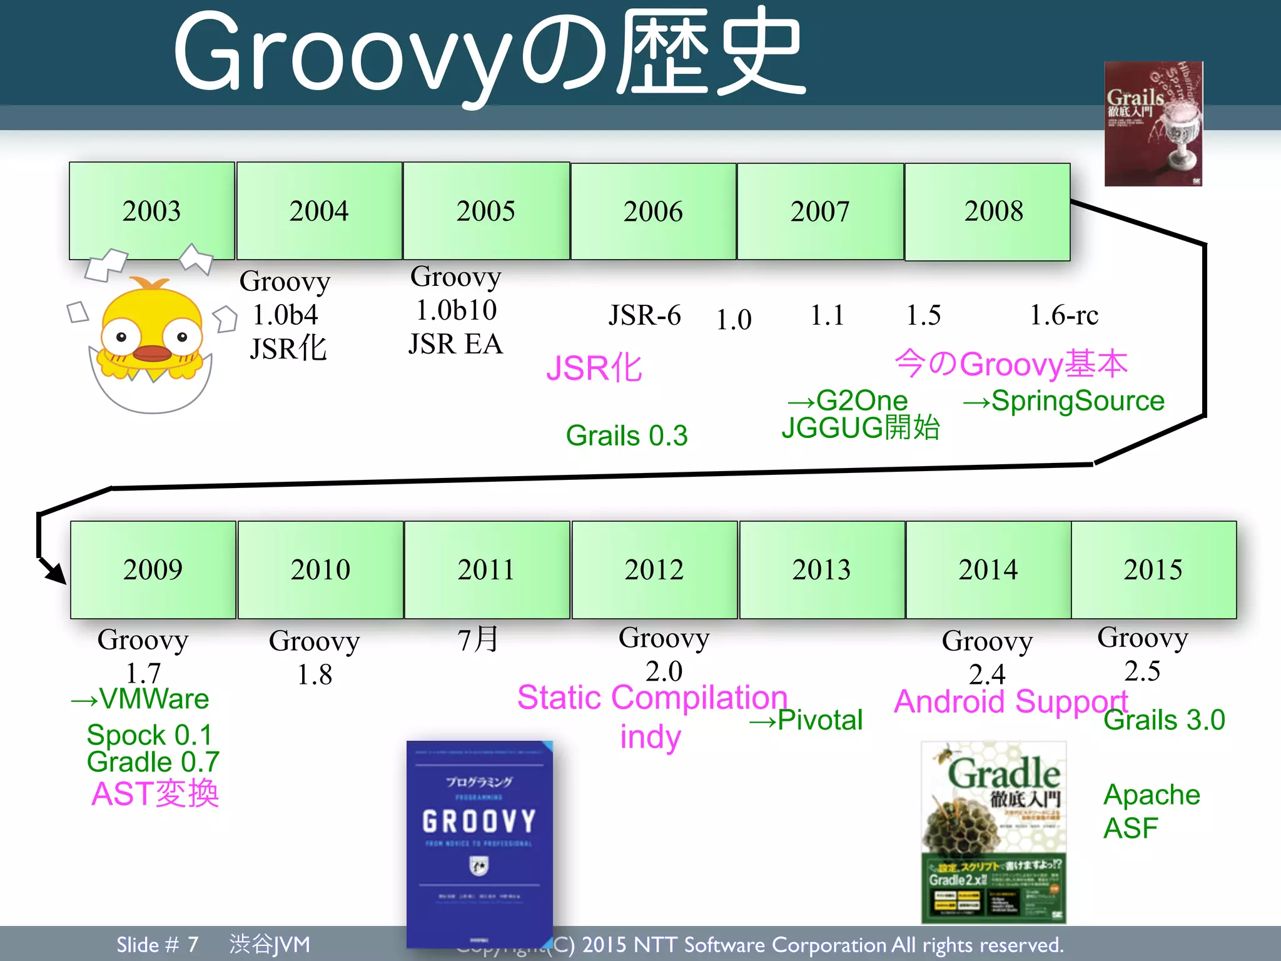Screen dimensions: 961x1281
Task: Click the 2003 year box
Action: point(152,211)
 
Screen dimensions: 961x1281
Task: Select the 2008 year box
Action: point(987,211)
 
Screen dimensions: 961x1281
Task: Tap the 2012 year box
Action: point(654,569)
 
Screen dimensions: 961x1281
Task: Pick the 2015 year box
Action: point(1153,569)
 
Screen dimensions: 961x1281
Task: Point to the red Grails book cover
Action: point(1153,124)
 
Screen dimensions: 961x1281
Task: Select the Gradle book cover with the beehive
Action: point(993,832)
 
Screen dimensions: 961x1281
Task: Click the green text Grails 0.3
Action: point(626,435)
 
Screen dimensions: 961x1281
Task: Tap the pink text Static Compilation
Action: point(652,698)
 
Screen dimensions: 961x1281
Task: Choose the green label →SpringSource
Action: point(1063,401)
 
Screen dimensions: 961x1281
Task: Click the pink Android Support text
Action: point(1011,702)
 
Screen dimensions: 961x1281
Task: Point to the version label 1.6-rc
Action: point(1063,315)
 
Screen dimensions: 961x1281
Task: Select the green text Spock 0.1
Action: point(149,735)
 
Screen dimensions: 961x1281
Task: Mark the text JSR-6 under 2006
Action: point(644,315)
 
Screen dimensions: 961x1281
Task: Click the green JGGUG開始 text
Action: point(861,428)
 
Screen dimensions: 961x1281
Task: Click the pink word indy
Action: point(650,737)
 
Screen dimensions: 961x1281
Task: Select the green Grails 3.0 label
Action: point(1164,720)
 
